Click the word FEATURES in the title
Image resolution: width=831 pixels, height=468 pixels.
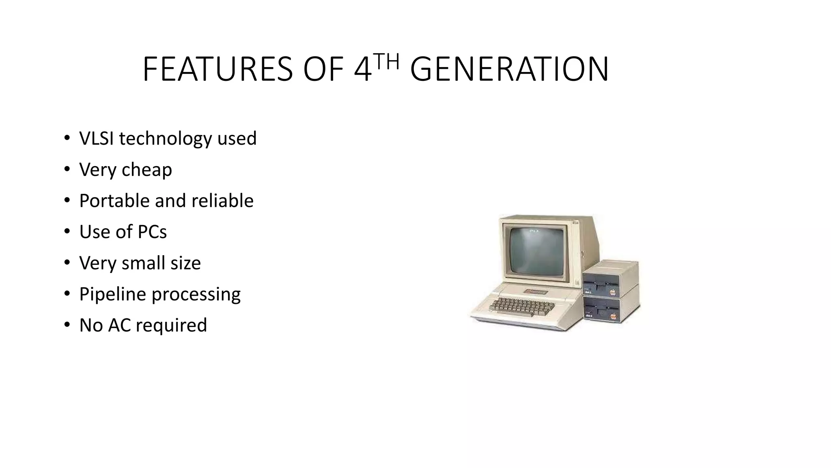click(217, 69)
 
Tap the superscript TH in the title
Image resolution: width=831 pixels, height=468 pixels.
click(386, 62)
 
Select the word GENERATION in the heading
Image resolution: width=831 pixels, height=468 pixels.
click(509, 69)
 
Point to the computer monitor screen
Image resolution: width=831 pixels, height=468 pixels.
click(536, 251)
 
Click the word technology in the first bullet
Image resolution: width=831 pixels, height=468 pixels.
click(166, 139)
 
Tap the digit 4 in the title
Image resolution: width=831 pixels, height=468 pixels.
click(362, 69)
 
